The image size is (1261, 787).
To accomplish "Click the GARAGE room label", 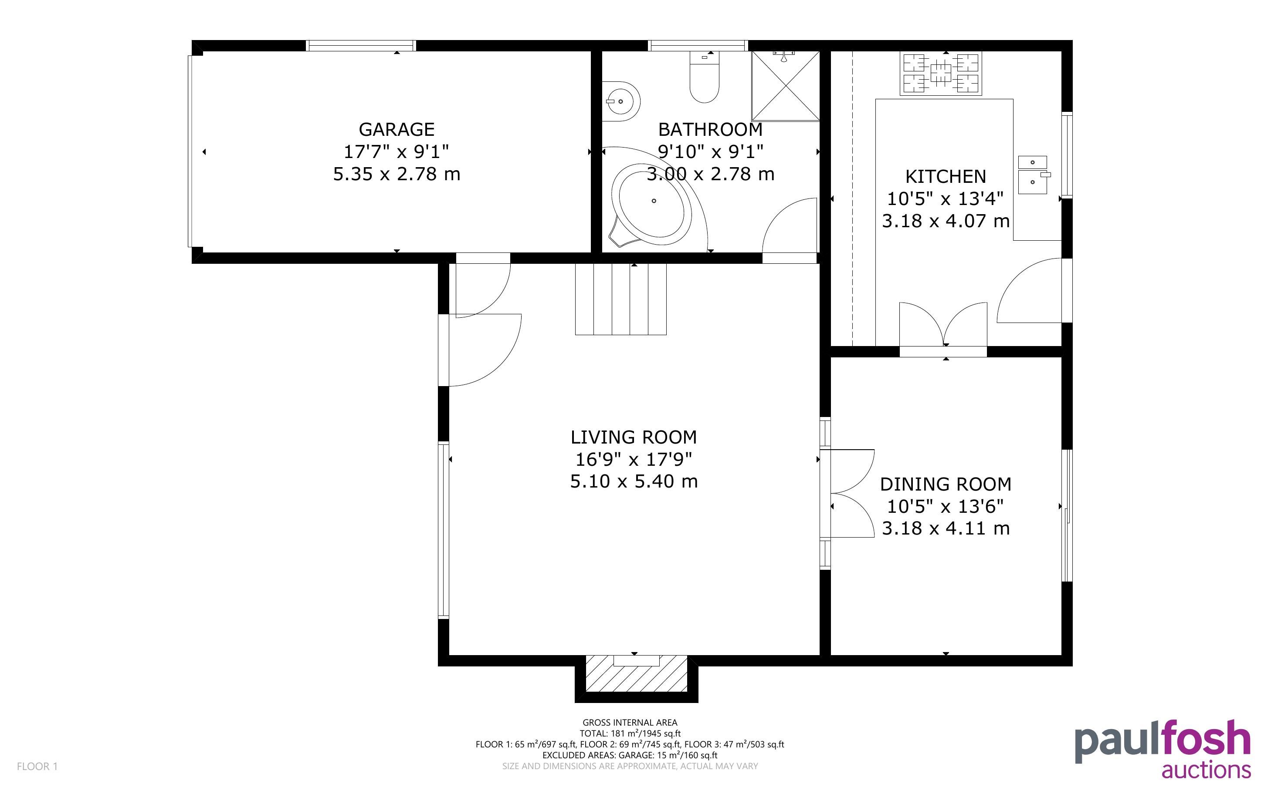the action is [397, 129].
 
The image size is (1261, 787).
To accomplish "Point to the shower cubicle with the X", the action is [786, 86].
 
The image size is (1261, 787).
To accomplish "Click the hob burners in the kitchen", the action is [941, 74].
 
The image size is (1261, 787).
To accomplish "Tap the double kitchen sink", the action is [1032, 175].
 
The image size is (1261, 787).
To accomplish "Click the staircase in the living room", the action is [621, 299].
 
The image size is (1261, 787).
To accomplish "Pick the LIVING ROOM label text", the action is [634, 437].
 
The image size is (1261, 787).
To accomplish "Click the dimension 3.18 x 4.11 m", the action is [946, 528].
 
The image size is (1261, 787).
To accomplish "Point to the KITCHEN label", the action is [946, 176].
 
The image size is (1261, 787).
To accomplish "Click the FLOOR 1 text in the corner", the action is [37, 766].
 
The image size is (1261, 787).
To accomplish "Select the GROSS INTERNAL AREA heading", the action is [630, 723].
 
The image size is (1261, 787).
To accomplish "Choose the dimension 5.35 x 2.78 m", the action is [397, 174].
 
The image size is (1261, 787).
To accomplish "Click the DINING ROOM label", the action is [946, 484].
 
